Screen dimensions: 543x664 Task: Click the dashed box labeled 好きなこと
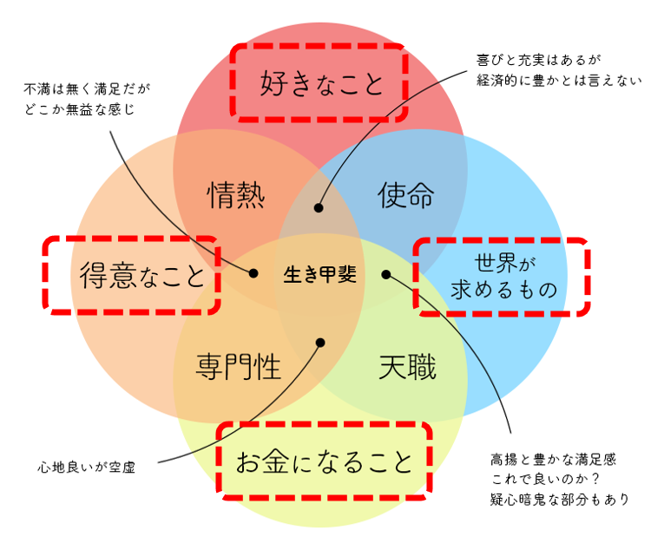click(319, 83)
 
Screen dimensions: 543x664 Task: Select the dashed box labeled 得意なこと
click(131, 275)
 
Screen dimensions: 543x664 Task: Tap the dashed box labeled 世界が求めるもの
click(502, 275)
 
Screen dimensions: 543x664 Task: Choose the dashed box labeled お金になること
click(324, 461)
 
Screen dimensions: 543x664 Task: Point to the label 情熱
click(236, 196)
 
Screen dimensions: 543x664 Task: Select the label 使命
click(405, 196)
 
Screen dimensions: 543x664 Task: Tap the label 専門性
click(239, 367)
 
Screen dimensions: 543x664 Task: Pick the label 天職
click(407, 367)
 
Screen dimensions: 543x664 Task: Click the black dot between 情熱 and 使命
click(319, 208)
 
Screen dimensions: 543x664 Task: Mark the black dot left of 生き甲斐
click(253, 273)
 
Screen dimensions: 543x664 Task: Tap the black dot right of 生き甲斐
click(386, 274)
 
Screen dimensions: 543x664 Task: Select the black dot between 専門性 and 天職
click(319, 343)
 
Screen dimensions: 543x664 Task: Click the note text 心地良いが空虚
click(87, 466)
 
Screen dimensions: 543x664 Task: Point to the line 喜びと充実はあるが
click(539, 61)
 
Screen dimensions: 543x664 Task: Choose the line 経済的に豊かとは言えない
click(558, 81)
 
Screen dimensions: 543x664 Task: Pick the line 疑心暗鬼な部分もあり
click(559, 499)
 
